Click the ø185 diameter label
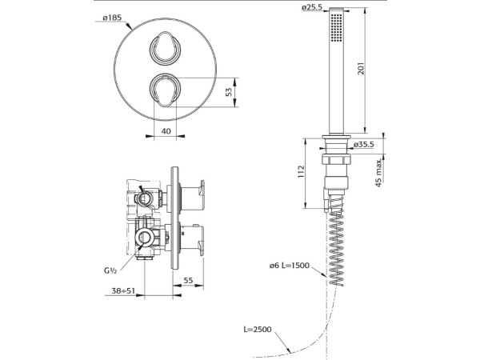pos(112,18)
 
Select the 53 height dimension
pos(229,92)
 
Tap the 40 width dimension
pos(166,131)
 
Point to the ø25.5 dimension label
pos(312,7)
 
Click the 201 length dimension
pos(362,69)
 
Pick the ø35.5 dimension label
pos(364,144)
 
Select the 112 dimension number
pos(302,171)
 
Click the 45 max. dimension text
pos(378,173)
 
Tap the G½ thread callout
pos(110,270)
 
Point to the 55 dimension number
pos(189,280)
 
